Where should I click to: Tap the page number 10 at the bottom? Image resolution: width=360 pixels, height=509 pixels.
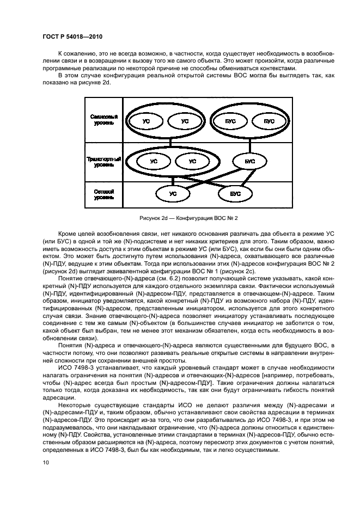click(46, 463)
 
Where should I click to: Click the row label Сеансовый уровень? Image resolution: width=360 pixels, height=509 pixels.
click(103, 121)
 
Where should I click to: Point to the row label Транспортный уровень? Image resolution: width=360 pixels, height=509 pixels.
click(103, 162)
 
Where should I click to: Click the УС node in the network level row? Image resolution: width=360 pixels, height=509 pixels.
click(173, 193)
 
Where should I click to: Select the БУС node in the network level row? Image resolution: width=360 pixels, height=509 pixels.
click(235, 193)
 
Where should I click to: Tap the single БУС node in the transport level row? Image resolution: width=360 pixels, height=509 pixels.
click(250, 162)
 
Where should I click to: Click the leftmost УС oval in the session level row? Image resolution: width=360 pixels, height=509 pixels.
click(146, 121)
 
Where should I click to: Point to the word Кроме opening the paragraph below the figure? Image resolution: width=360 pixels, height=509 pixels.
click(68, 232)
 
